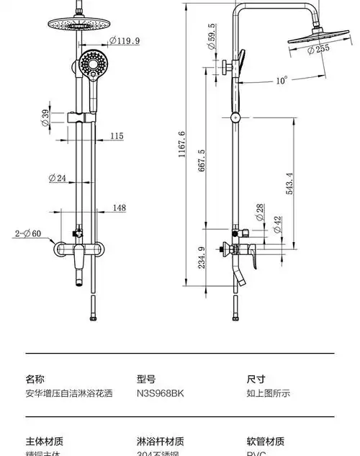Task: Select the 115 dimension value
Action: pyautogui.click(x=117, y=135)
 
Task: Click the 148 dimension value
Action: pyautogui.click(x=119, y=208)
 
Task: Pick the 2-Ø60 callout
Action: pyautogui.click(x=29, y=233)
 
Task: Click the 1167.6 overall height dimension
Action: pyautogui.click(x=182, y=143)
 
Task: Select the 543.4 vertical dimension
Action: pyautogui.click(x=289, y=184)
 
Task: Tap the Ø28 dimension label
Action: pyautogui.click(x=259, y=212)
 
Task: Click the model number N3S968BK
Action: pyautogui.click(x=160, y=394)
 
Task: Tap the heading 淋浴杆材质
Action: pyautogui.click(x=160, y=441)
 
